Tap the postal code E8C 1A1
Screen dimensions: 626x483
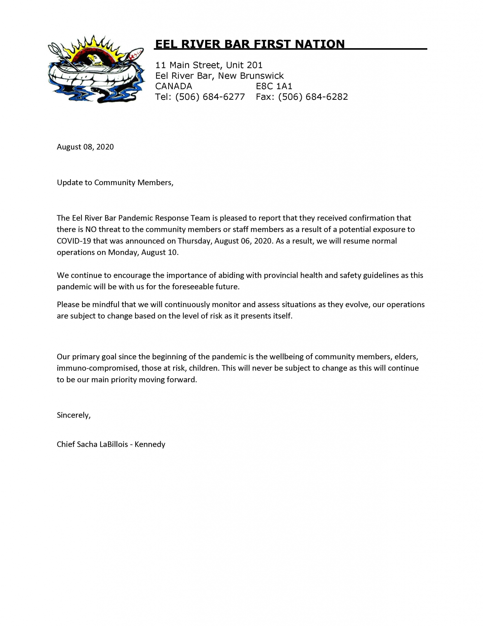(274, 86)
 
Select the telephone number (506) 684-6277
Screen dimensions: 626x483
(210, 97)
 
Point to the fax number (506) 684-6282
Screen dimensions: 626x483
(313, 97)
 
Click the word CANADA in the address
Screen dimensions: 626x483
(174, 86)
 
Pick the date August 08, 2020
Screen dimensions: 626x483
(85, 147)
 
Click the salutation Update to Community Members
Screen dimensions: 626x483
(115, 183)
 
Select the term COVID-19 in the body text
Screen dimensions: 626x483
(74, 241)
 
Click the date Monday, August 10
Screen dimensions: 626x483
(143, 253)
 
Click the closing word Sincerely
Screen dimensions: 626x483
(73, 415)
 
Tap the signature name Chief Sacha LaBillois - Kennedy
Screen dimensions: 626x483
(111, 445)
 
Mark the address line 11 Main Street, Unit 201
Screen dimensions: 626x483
(209, 65)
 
